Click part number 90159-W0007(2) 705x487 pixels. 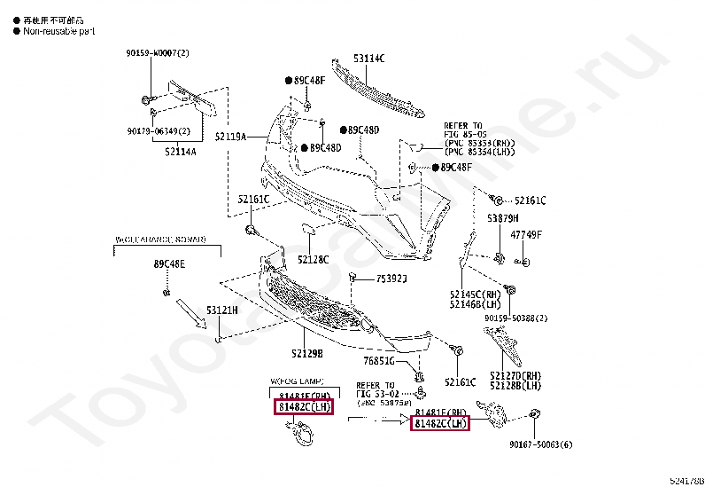[x=158, y=53]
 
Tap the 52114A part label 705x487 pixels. [x=180, y=152]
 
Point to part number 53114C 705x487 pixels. [x=369, y=58]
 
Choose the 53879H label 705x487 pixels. [x=502, y=217]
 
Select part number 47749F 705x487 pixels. [x=525, y=234]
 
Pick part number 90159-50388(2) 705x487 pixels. [x=516, y=318]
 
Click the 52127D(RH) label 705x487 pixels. [x=520, y=376]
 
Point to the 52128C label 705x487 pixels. [x=313, y=259]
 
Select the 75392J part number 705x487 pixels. [x=391, y=279]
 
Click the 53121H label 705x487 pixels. [x=223, y=310]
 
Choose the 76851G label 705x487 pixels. [x=380, y=361]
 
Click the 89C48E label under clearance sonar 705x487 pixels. [x=169, y=264]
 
